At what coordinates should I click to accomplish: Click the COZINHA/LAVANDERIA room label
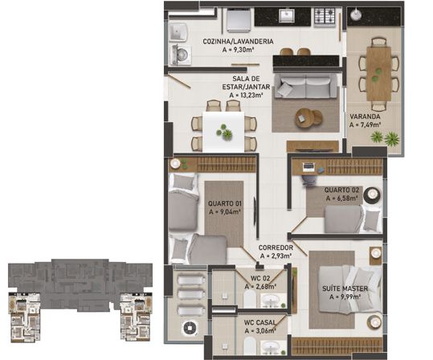(x=238, y=41)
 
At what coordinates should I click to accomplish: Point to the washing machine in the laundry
(x=180, y=55)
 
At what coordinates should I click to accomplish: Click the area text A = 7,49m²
(x=365, y=125)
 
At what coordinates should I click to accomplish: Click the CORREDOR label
(x=275, y=247)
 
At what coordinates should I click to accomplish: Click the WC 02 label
(x=263, y=277)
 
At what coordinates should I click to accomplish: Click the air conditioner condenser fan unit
(x=190, y=329)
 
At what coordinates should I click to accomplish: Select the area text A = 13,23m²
(x=247, y=92)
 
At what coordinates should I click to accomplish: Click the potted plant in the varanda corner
(x=391, y=139)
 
